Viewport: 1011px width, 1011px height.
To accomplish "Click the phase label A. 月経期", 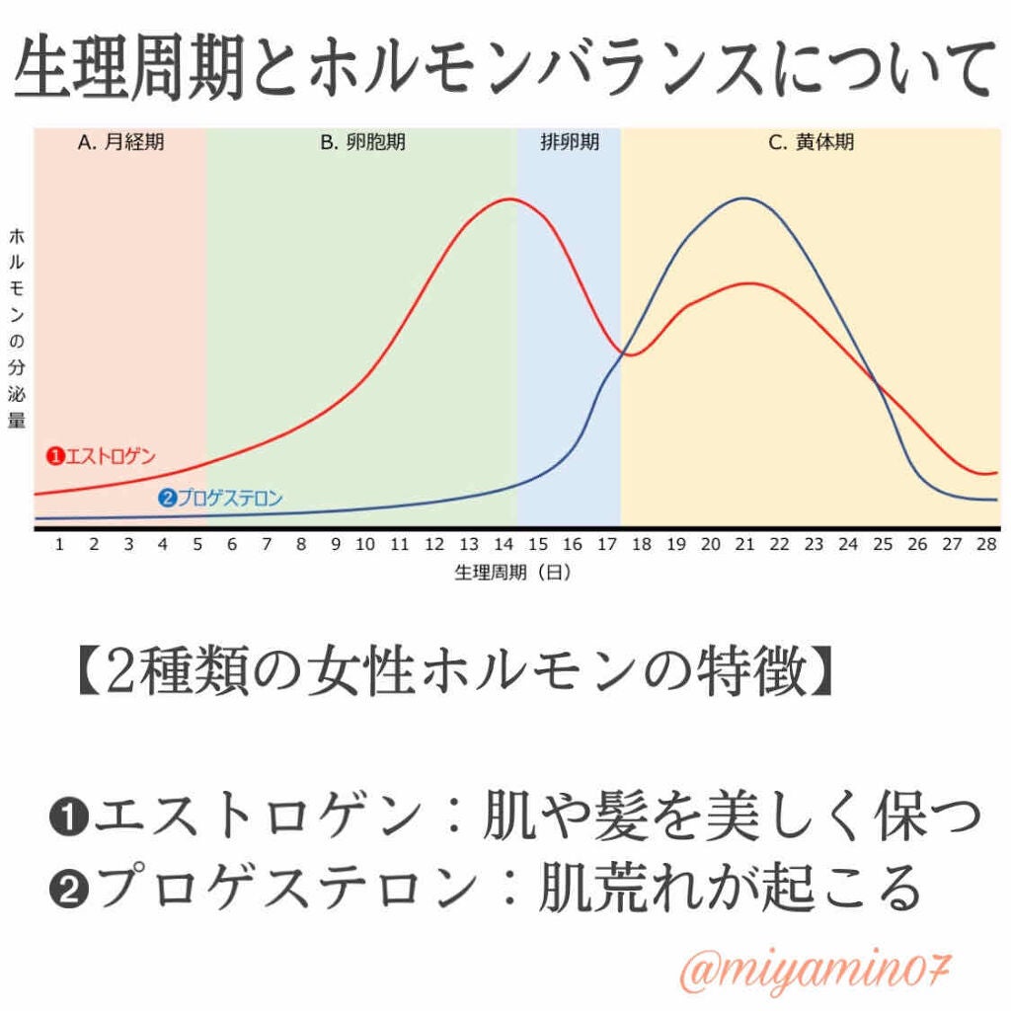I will (x=120, y=142).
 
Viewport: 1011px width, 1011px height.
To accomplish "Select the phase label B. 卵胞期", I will (x=362, y=142).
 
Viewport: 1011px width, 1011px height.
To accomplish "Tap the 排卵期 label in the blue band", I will (x=570, y=142).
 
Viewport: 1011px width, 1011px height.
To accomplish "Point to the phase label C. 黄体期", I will (x=811, y=142).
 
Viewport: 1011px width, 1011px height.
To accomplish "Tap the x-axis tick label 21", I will (x=744, y=544).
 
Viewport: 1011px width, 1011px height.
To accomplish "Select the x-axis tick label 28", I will (x=984, y=544).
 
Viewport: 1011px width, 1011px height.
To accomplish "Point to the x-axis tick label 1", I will (x=59, y=544).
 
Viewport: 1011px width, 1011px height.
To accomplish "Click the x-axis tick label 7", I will (x=267, y=544).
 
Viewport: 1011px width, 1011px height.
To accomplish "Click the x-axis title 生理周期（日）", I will (x=513, y=572).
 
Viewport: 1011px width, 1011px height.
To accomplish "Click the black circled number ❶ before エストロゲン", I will (x=68, y=817).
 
